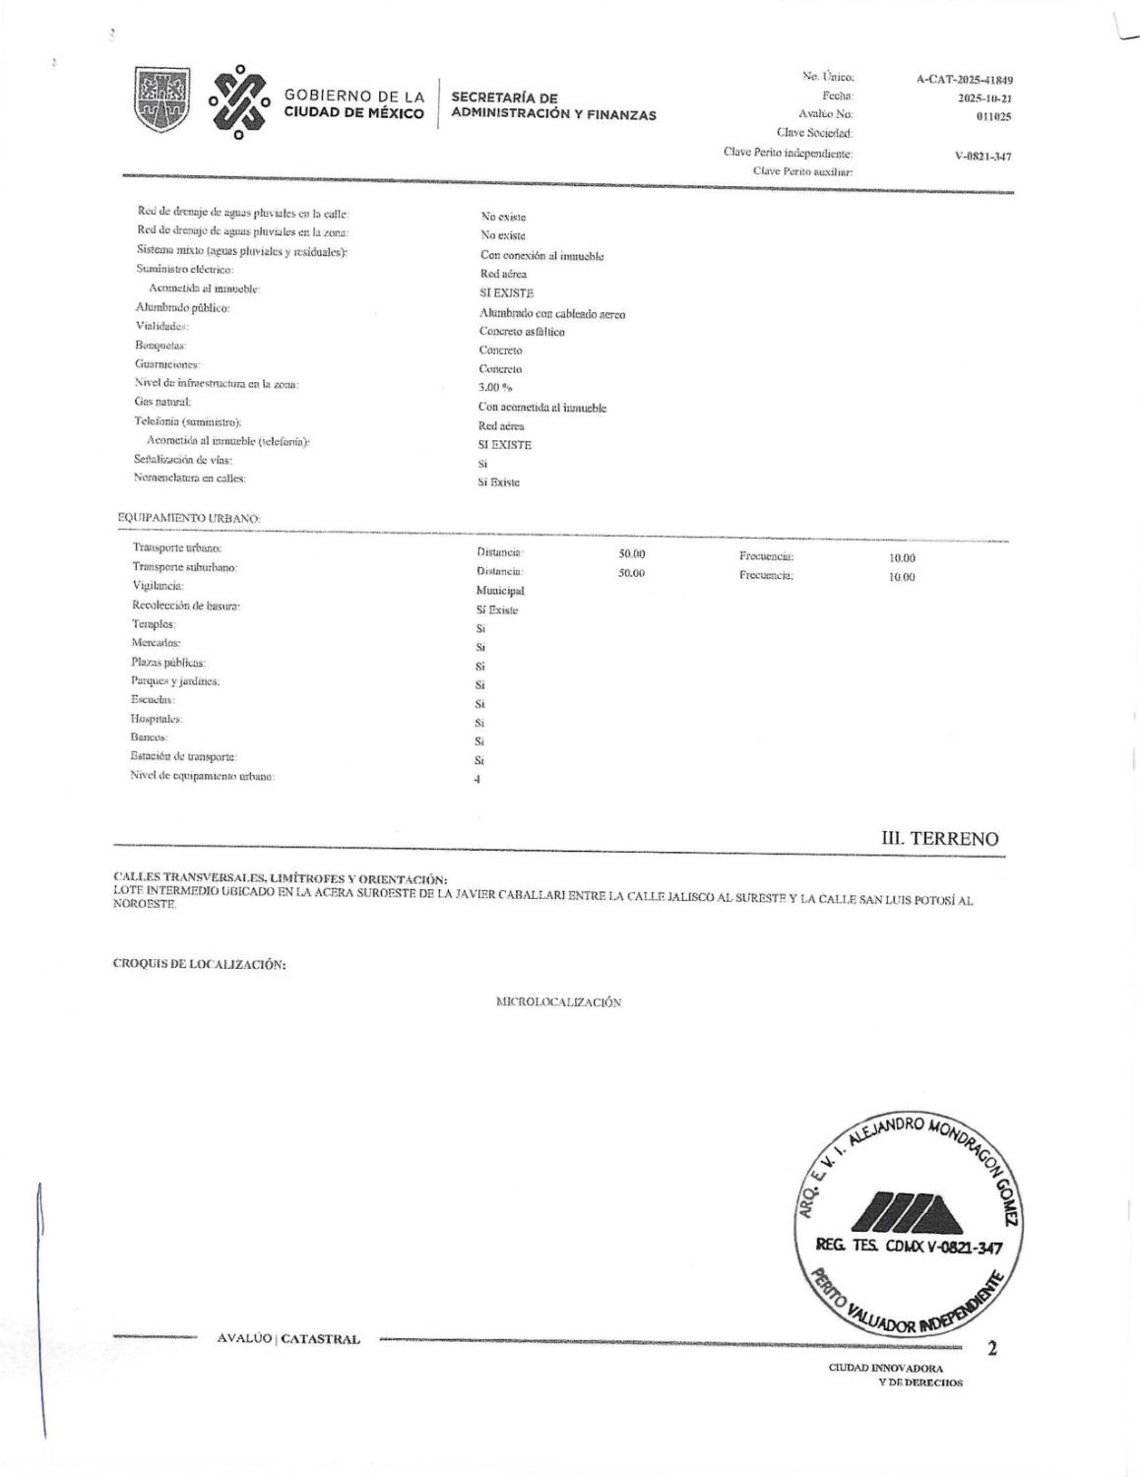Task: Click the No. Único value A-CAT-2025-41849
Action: point(964,81)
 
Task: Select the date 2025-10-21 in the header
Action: point(984,98)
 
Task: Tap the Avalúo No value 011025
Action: point(992,116)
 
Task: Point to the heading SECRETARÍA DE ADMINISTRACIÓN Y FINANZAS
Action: point(553,106)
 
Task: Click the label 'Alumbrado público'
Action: point(182,308)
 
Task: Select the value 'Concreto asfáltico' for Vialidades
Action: point(522,332)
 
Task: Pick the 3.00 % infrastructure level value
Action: point(496,388)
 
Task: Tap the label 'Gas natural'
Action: point(162,402)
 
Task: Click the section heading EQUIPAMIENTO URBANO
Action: point(189,518)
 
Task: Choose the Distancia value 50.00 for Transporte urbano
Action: point(631,554)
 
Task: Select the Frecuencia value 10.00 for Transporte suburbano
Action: point(902,577)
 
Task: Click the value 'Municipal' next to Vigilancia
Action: point(500,591)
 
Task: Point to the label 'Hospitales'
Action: point(157,719)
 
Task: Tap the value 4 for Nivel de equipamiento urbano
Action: point(477,780)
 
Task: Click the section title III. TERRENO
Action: point(939,839)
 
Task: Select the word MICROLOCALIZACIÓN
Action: point(558,1002)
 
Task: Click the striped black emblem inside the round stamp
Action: point(900,1211)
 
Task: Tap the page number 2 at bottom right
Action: point(991,1349)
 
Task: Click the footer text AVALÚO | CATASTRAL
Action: point(288,1339)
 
